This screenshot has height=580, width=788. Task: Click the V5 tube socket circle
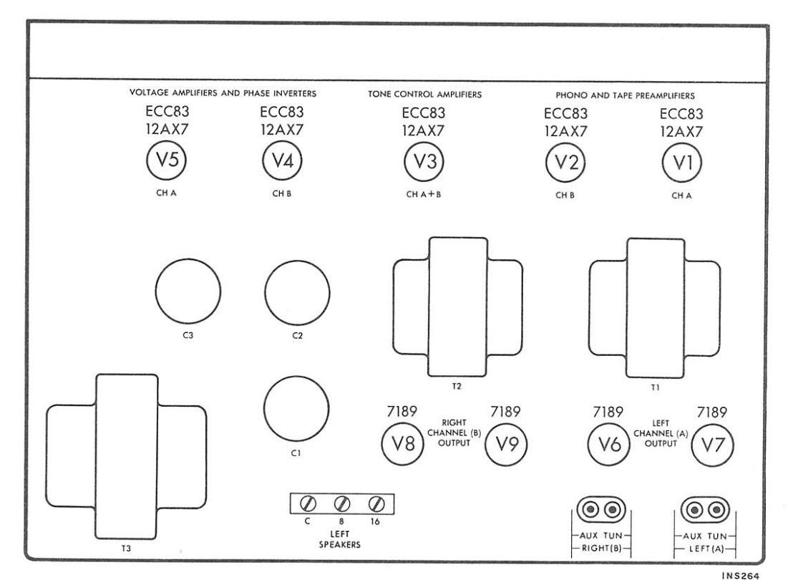(x=166, y=160)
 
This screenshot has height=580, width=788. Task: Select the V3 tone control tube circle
(x=424, y=162)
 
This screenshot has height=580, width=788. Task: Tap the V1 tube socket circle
(x=682, y=163)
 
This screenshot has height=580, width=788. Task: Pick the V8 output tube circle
(x=402, y=444)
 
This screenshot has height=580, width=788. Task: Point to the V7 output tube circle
(x=713, y=445)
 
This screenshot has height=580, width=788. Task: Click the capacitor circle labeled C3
(x=188, y=291)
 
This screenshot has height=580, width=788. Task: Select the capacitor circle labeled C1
(x=296, y=409)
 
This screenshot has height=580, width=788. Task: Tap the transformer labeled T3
(x=126, y=457)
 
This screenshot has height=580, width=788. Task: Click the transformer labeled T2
(x=457, y=307)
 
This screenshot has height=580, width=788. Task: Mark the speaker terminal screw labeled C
(x=308, y=503)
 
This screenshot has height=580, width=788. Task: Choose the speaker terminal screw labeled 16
(x=376, y=503)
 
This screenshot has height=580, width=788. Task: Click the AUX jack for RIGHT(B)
(x=590, y=510)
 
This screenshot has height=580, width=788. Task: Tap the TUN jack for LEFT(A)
(x=716, y=511)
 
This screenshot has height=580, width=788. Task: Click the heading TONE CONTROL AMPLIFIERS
(x=424, y=94)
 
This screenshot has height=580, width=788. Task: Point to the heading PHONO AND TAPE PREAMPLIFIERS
(x=625, y=95)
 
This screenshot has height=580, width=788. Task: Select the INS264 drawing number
(x=740, y=576)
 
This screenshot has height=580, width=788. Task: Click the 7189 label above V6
(x=608, y=412)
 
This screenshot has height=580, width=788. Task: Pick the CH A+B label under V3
(x=424, y=194)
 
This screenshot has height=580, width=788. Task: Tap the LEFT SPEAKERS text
(x=340, y=538)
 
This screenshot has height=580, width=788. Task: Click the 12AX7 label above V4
(x=282, y=130)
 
